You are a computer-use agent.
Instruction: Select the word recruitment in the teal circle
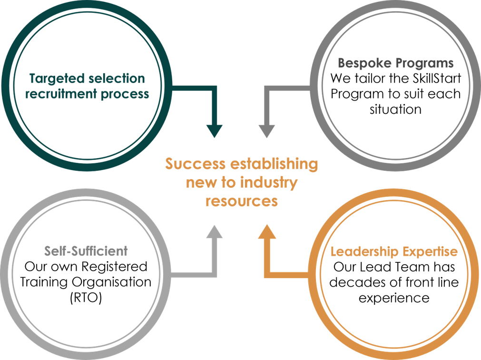click(x=60, y=94)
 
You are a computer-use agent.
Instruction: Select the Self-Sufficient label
click(x=86, y=251)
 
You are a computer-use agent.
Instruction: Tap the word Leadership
click(x=364, y=251)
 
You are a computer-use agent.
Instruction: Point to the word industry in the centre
click(x=270, y=182)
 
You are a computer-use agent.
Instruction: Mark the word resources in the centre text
click(x=242, y=201)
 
